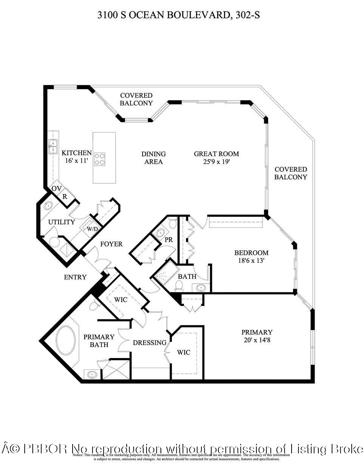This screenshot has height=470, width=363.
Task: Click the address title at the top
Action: (x=178, y=15)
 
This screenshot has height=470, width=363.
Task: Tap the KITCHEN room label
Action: (x=76, y=157)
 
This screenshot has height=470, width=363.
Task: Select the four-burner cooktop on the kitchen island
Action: (x=100, y=159)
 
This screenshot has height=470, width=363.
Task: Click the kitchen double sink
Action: (x=53, y=147)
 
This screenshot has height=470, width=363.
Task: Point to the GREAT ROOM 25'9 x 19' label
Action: (x=216, y=158)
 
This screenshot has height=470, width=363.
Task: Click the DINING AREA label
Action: (x=153, y=158)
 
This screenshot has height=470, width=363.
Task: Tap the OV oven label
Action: (x=56, y=188)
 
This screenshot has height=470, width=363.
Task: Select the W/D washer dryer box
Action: (x=92, y=229)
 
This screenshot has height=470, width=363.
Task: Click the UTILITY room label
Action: (x=61, y=222)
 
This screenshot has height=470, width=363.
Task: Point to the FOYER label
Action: (x=111, y=244)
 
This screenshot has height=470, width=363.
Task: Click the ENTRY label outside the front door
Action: (x=75, y=277)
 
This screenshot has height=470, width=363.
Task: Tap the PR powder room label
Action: (x=168, y=240)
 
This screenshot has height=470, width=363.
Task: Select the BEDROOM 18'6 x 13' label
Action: (x=251, y=256)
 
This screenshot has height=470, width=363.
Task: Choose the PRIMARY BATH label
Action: (x=99, y=340)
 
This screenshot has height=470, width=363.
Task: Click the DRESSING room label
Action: (x=149, y=343)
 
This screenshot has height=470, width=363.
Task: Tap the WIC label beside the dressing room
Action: (x=184, y=352)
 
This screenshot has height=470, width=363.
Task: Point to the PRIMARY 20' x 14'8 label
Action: (x=257, y=336)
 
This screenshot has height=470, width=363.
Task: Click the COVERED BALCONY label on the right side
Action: (x=290, y=173)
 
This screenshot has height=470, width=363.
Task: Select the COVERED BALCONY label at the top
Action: (x=136, y=99)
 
